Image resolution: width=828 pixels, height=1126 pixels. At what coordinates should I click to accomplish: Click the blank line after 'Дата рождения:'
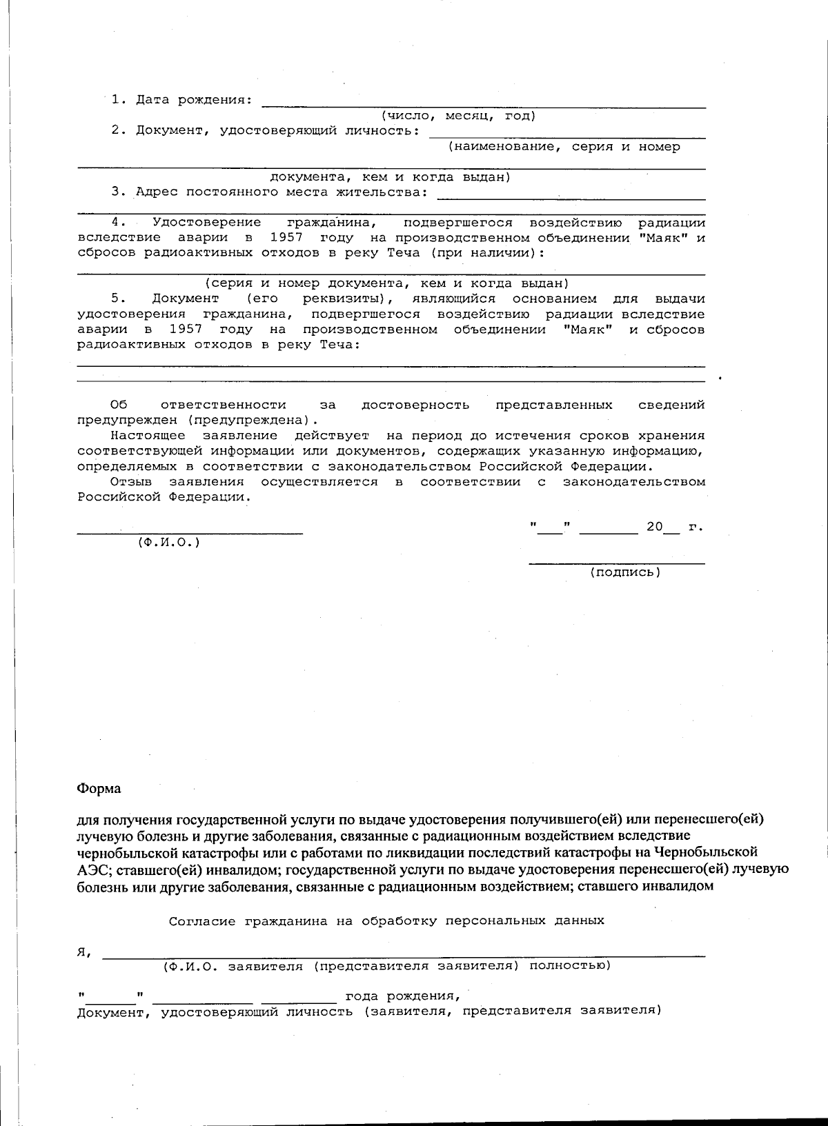coord(483,103)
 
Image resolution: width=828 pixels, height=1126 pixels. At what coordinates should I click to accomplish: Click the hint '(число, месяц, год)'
coord(459,116)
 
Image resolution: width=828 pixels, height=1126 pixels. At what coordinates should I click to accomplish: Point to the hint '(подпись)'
coord(625,572)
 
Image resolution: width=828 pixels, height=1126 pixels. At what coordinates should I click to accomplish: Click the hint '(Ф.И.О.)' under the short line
coord(169,543)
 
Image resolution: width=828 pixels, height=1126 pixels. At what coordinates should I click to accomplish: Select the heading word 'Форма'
coord(99,788)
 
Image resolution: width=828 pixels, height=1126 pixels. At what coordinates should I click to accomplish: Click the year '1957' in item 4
coord(286,238)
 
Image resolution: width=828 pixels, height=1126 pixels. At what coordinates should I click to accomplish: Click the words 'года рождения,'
coord(402,996)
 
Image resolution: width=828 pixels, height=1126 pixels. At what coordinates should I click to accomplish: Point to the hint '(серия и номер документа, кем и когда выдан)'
coord(386,283)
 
